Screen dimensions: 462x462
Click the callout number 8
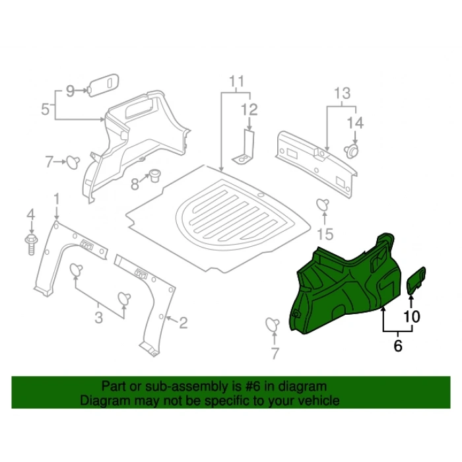coord(135,184)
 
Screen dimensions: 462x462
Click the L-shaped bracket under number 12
coord(246,148)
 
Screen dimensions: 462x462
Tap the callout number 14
coord(356,123)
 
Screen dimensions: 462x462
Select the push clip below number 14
coord(353,150)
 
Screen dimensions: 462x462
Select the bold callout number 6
coord(397,345)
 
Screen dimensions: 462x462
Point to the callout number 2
coord(183,323)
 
